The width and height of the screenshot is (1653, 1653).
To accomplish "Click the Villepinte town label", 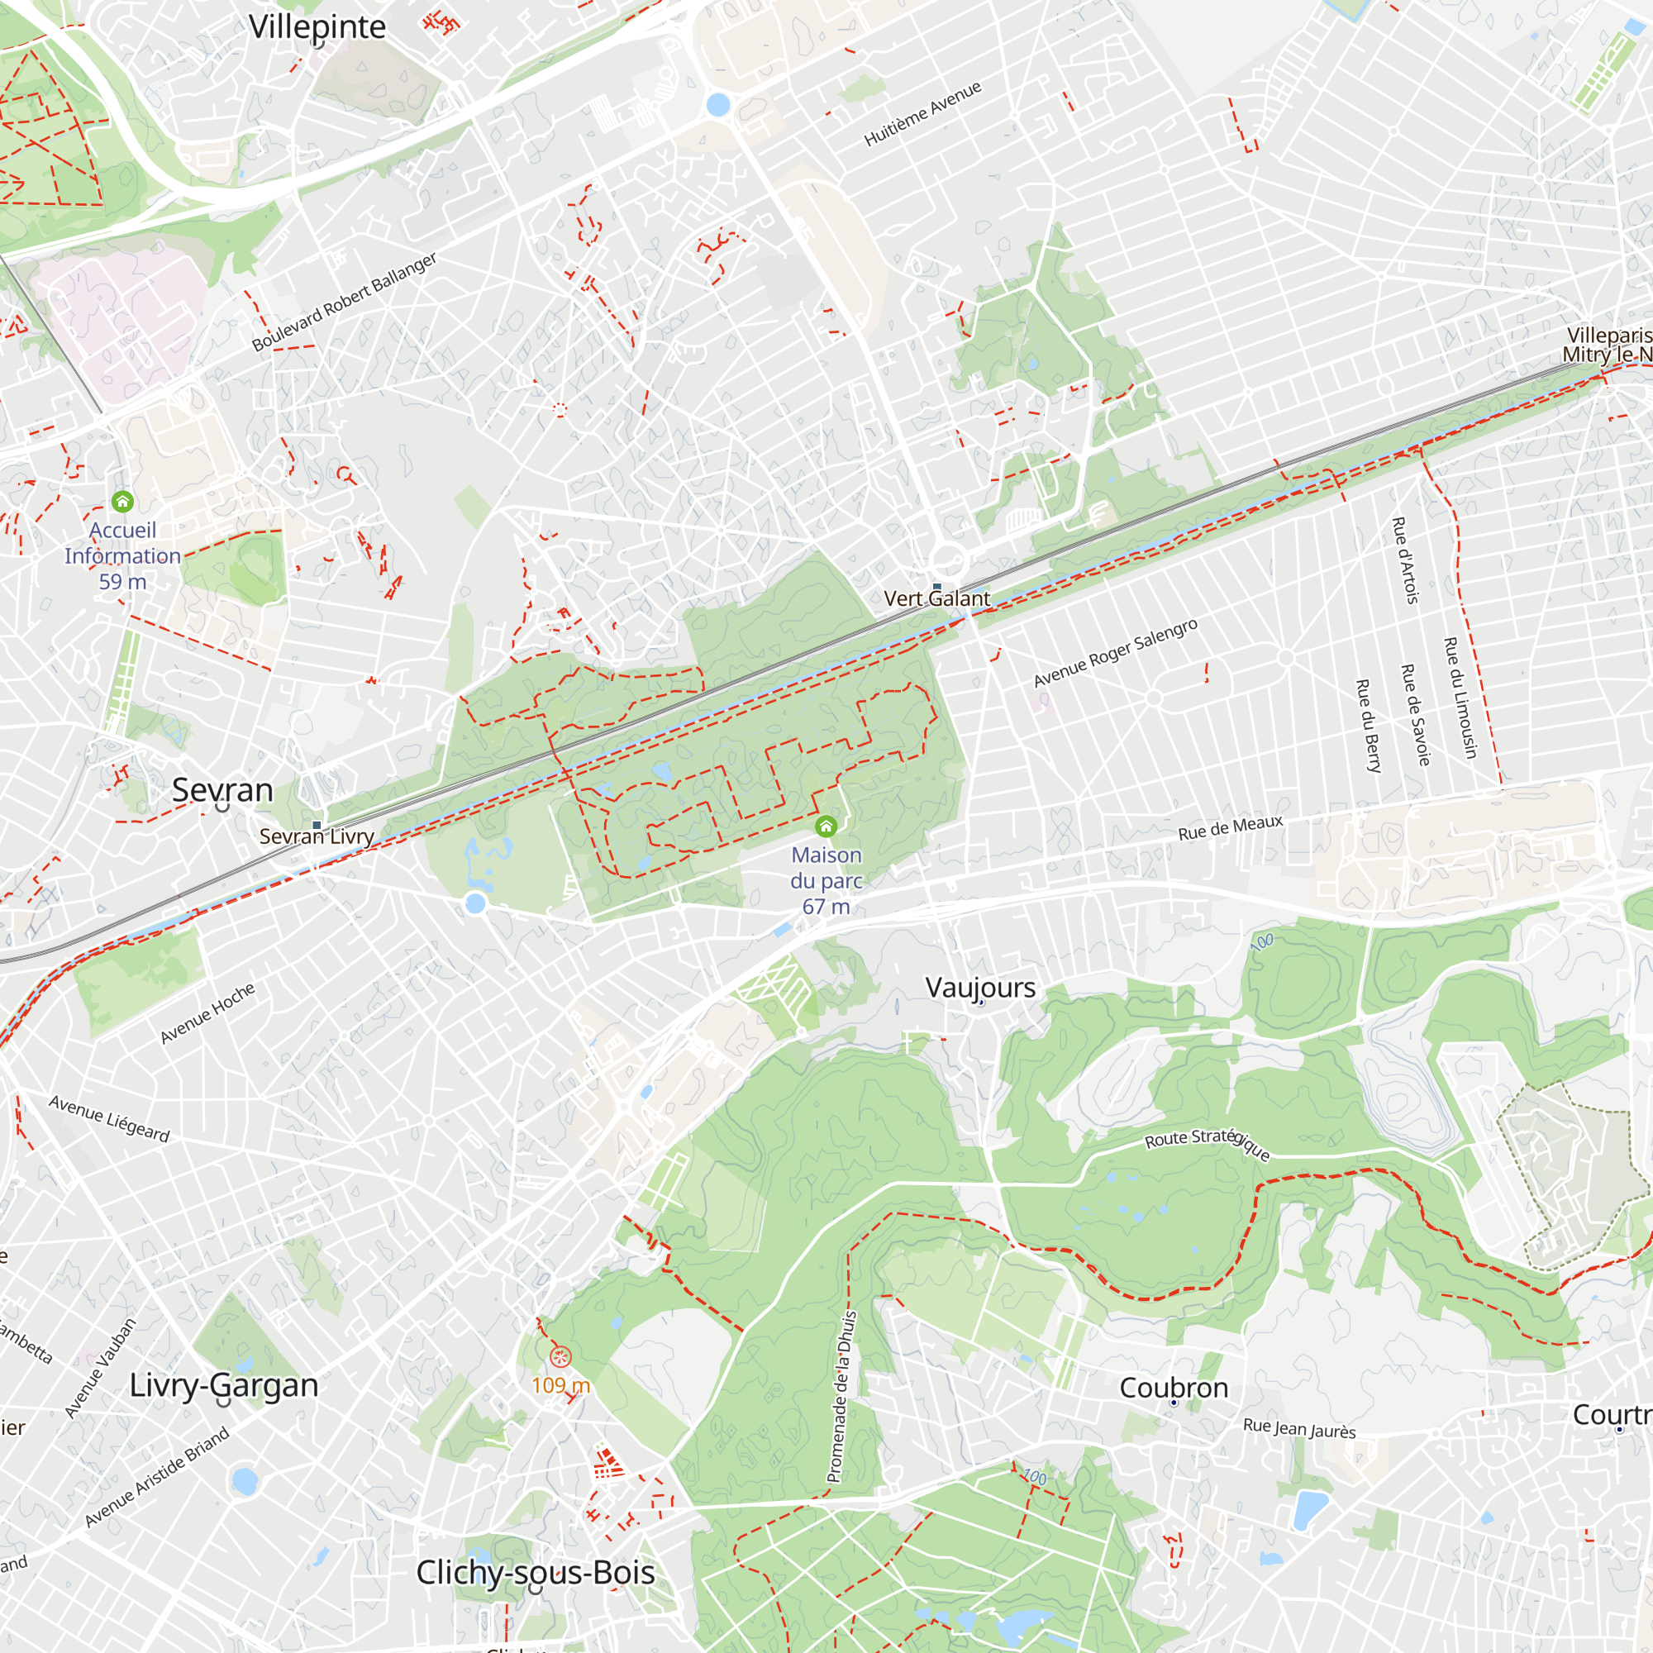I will pos(317,27).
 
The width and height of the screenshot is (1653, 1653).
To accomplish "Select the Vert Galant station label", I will pos(937,598).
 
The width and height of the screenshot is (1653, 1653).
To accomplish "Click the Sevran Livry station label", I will pos(317,836).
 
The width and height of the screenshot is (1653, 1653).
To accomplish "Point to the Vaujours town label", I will pos(980,988).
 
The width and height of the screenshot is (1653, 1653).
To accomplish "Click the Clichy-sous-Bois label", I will pos(536,1572).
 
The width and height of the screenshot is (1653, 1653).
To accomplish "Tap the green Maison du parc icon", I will pos(826,826).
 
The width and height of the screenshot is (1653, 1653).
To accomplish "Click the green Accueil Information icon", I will pos(122,501).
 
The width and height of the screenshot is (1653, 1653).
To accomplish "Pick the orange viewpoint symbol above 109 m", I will pos(560,1356).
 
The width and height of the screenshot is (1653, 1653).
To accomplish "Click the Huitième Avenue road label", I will pos(922,115).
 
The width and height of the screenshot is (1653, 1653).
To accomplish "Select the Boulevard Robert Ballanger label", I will pos(344,301).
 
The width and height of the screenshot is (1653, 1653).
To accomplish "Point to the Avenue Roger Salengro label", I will pos(1116,652).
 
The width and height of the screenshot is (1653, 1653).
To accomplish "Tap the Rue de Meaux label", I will pos(1231,827).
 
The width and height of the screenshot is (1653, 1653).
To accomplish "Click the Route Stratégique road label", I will pos(1208,1143).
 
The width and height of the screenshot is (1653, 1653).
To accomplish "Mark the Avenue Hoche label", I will pos(207,1013).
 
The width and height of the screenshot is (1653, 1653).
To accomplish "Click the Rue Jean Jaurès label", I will pos(1298,1428).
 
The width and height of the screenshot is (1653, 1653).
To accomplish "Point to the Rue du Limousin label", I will pos(1460,698).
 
